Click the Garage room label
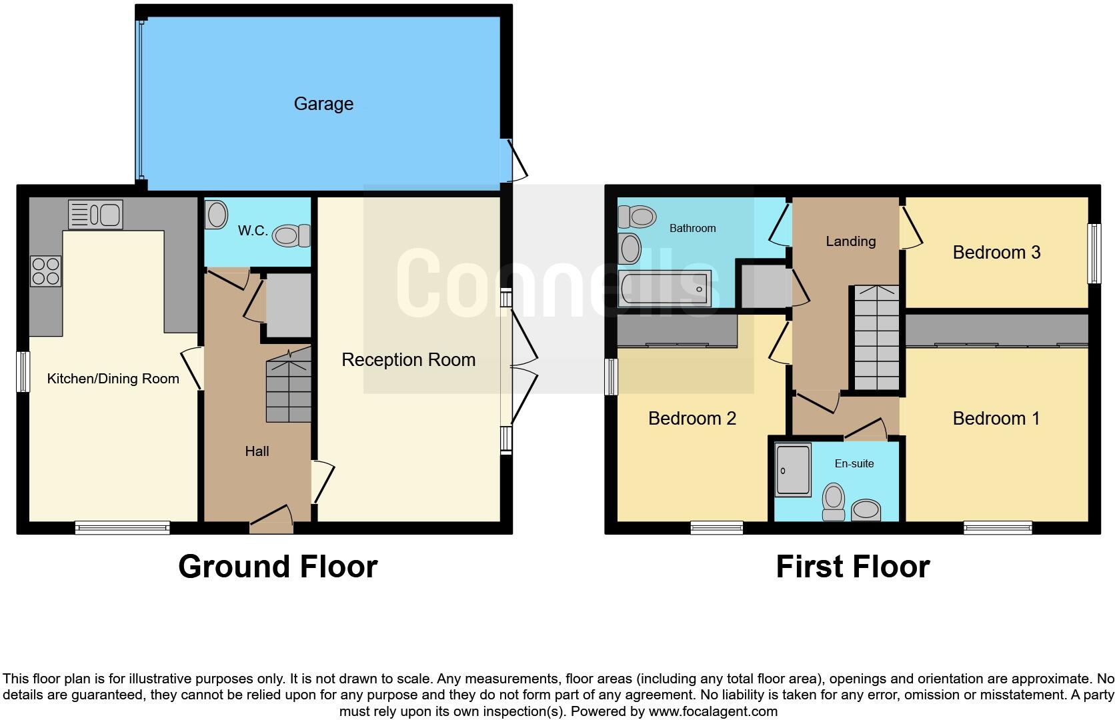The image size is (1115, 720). [323, 104]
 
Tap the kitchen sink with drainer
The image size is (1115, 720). [95, 215]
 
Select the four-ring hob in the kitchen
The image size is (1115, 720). [46, 271]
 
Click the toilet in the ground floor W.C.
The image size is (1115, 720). [292, 235]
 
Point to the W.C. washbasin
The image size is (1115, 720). [216, 215]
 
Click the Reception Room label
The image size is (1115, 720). [408, 360]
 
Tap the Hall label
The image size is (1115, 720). [257, 451]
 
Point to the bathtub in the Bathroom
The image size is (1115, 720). [664, 289]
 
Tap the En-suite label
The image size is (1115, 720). [854, 463]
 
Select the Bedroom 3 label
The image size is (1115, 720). [996, 253]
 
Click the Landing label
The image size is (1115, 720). [850, 241]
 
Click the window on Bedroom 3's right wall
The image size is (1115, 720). [1094, 253]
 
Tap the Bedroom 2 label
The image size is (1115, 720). [692, 419]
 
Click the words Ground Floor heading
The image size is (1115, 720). [277, 567]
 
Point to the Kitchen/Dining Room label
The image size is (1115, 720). [113, 379]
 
